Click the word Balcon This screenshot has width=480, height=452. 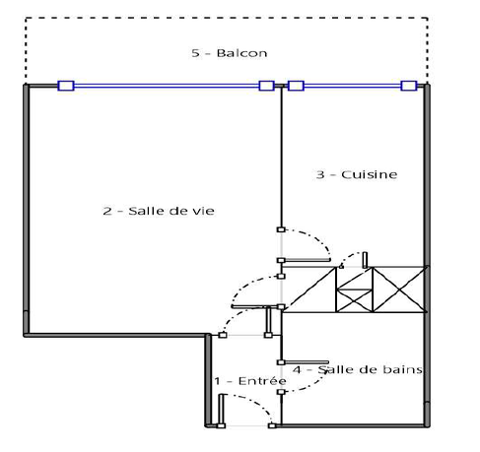click(x=241, y=53)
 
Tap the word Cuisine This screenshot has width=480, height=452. click(x=370, y=174)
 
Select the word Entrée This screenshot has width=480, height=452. click(x=262, y=381)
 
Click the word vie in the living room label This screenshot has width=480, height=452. click(x=203, y=211)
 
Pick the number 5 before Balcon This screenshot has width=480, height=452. click(x=195, y=53)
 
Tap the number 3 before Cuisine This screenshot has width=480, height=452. click(x=320, y=174)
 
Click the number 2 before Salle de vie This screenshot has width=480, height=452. click(x=107, y=211)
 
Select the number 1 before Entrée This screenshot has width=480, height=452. click(x=217, y=381)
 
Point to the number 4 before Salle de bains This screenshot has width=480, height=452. click(x=297, y=369)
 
